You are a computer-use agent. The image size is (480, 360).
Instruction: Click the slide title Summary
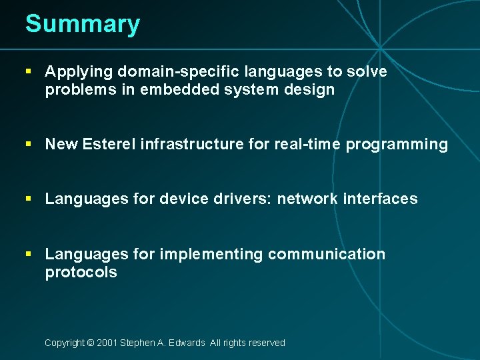pos(83,24)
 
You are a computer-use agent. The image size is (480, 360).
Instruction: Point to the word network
pos(307,199)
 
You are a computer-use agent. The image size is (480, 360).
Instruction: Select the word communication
pos(327,254)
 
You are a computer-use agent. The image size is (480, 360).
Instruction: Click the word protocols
pos(81,272)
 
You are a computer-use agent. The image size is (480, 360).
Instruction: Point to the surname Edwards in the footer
pos(187,343)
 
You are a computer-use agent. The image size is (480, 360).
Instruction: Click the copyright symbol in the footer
pos(90,343)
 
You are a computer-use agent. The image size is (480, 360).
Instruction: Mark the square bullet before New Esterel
pos(27,144)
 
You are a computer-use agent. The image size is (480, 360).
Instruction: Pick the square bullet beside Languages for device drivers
pos(27,199)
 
